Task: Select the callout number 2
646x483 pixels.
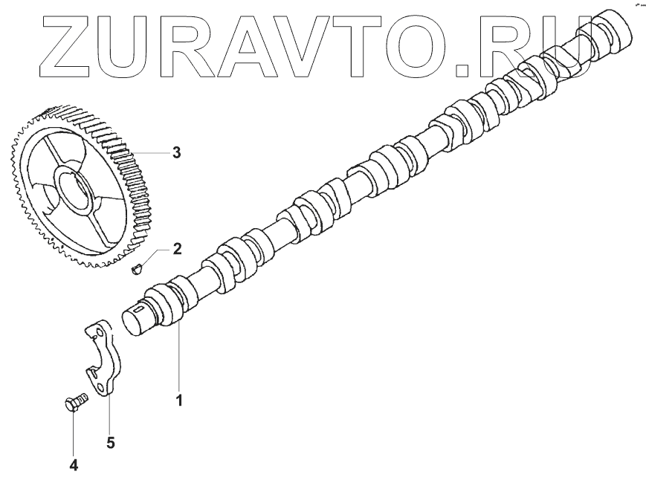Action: pyautogui.click(x=176, y=247)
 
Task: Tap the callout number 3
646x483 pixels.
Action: pyautogui.click(x=176, y=153)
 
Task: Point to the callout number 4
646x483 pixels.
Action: pyautogui.click(x=74, y=465)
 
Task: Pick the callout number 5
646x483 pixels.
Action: pyautogui.click(x=110, y=443)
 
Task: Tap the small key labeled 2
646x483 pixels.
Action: pyautogui.click(x=136, y=267)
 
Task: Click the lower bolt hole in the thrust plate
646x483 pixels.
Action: pyautogui.click(x=100, y=386)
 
